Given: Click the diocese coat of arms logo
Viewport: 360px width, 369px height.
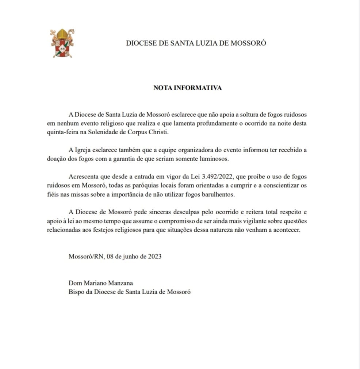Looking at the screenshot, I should (62, 43).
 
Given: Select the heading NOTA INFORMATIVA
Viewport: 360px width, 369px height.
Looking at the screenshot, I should (187, 88).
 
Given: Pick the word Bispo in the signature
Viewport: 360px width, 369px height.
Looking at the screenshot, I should (76, 292).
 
